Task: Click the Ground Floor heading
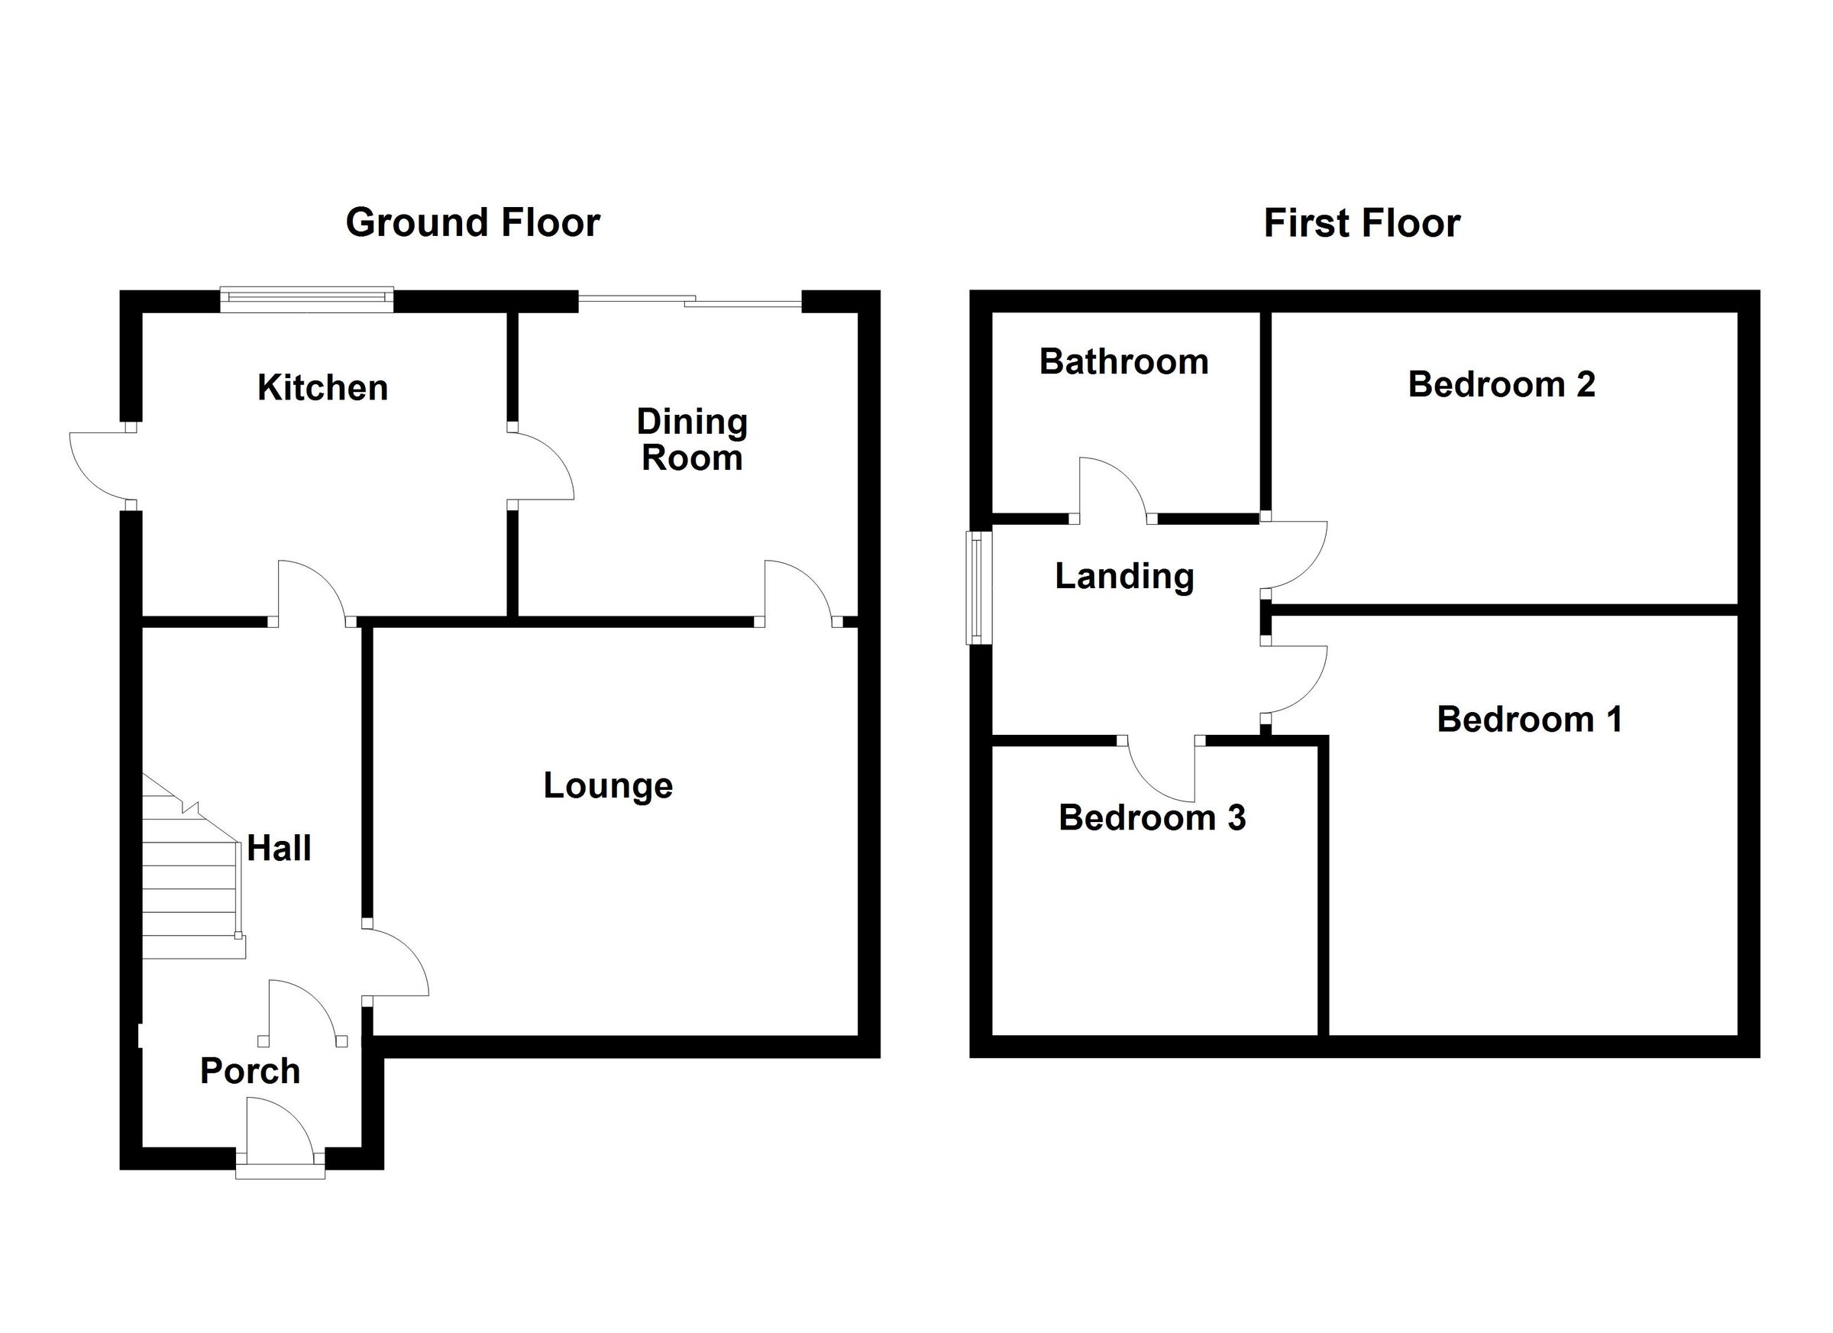[473, 222]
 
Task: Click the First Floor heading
[1362, 223]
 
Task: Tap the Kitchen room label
[322, 388]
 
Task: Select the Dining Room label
[692, 440]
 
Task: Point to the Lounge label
[608, 786]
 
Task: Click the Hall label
[279, 848]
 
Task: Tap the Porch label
[250, 1071]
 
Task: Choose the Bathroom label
[1123, 361]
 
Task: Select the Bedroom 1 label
[1529, 720]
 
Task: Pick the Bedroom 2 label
[1502, 384]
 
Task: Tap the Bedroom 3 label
[1152, 818]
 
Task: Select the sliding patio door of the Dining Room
[690, 302]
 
